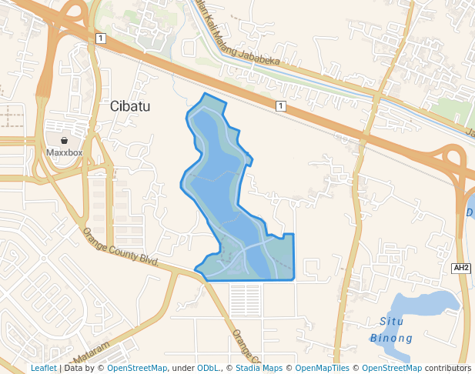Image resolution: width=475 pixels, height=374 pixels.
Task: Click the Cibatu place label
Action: (129, 106)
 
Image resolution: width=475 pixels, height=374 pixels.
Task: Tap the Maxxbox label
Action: (65, 152)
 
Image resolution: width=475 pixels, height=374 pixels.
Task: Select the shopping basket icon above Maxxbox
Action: (65, 140)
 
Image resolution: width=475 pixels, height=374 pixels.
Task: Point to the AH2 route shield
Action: (461, 268)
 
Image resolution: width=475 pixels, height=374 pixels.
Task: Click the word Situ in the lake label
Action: (393, 321)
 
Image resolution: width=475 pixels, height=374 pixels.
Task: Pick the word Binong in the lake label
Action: (392, 338)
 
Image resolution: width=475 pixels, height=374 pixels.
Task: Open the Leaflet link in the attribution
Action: (43, 369)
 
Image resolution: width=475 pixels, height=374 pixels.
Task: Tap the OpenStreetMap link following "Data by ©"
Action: (137, 369)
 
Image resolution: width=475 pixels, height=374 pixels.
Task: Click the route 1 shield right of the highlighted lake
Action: (281, 105)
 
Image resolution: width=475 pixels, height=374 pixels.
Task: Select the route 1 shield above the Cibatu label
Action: (100, 38)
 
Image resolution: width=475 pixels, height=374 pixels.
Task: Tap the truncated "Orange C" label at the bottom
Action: (246, 347)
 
